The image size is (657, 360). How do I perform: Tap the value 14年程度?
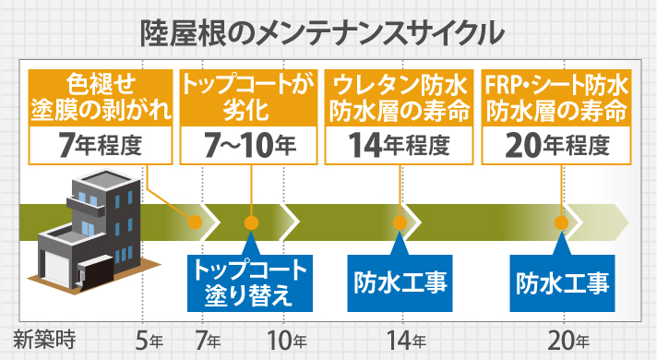pyautogui.click(x=400, y=144)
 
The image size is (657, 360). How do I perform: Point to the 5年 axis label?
pyautogui.click(x=148, y=339)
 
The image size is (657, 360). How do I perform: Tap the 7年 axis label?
pyautogui.click(x=209, y=339)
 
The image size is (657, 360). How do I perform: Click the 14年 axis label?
pyautogui.click(x=402, y=339)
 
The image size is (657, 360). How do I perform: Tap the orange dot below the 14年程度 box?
pyautogui.click(x=400, y=222)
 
